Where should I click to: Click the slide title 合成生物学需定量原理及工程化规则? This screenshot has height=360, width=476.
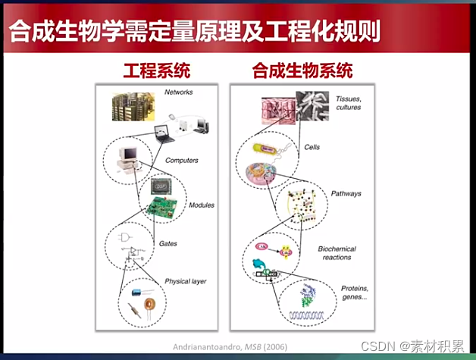tap(193, 32)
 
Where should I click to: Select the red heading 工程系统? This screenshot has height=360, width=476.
tap(157, 72)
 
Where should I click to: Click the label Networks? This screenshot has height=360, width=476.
tap(179, 92)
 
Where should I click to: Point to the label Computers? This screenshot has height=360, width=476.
tap(181, 161)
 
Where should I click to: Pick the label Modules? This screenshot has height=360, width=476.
tap(202, 205)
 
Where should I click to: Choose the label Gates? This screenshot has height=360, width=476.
tap(168, 243)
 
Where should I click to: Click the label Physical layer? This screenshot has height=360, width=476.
tap(186, 281)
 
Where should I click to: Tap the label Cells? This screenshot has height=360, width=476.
tap(312, 146)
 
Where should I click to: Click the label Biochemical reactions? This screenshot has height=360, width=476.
tap(337, 253)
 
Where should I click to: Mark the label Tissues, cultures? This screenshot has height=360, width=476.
tap(348, 102)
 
